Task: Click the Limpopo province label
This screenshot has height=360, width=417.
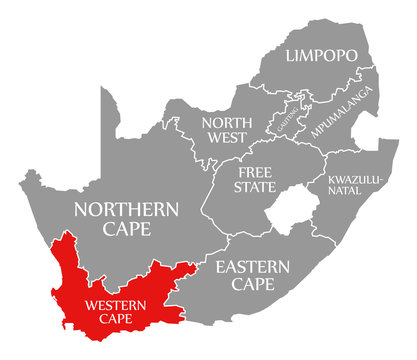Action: (322, 56)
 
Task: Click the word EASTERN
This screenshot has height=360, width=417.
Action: (251, 267)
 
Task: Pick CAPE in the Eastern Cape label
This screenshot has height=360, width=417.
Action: (251, 285)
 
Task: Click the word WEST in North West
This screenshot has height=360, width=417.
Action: (225, 140)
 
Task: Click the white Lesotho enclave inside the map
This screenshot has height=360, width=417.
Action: (289, 214)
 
